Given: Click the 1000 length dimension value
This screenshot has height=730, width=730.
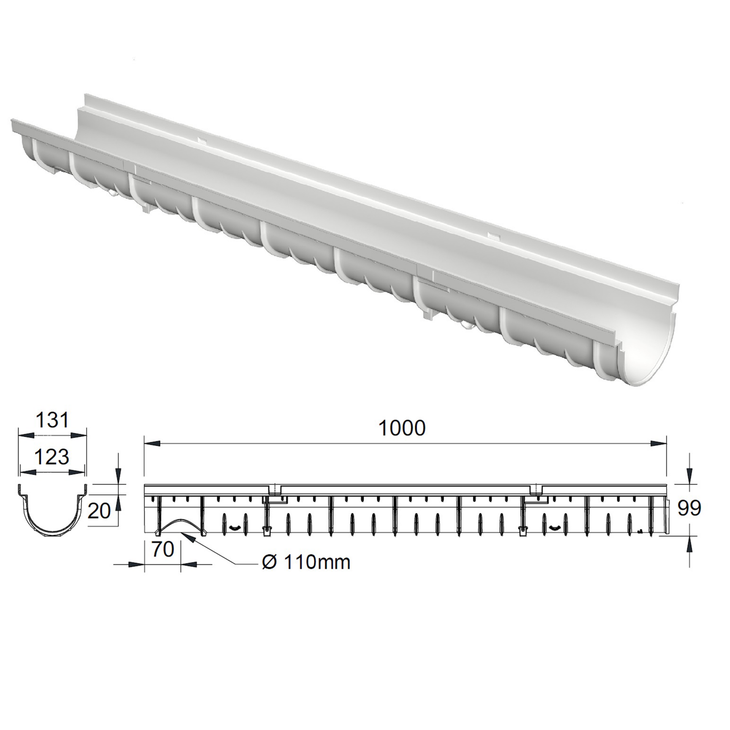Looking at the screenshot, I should (x=402, y=428).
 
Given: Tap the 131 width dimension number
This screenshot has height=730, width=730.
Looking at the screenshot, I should (x=52, y=421).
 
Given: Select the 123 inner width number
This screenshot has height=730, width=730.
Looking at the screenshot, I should (x=52, y=457).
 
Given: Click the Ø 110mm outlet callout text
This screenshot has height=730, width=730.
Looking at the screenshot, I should (x=306, y=562).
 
